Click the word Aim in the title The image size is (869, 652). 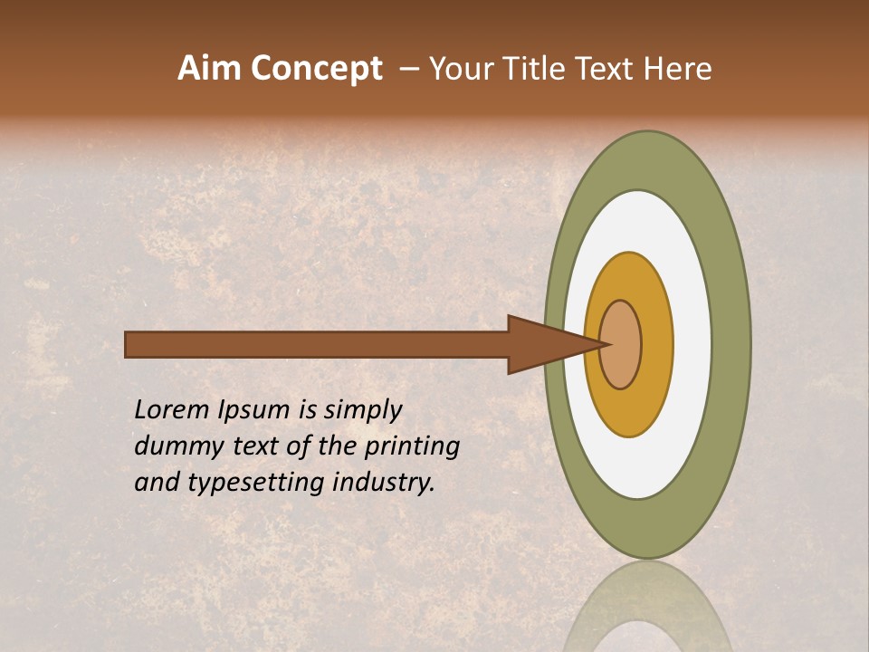(209, 69)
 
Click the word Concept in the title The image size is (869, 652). (316, 69)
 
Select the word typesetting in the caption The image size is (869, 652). (255, 483)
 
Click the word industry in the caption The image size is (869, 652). (383, 482)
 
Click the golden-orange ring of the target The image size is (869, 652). (656, 344)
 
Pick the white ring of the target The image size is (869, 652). (690, 344)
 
